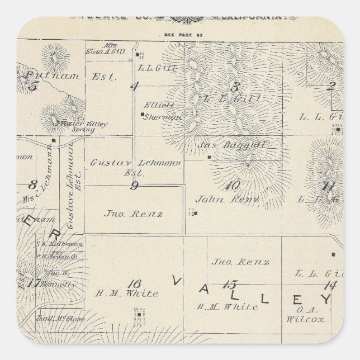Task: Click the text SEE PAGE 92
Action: pyautogui.click(x=178, y=35)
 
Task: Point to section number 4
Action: pyautogui.click(x=134, y=86)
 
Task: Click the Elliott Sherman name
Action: pyautogui.click(x=159, y=111)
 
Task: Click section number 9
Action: pyautogui.click(x=134, y=186)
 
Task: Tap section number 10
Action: pyautogui.click(x=234, y=185)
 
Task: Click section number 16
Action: pyautogui.click(x=134, y=282)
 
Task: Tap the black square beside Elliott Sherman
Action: pyautogui.click(x=143, y=114)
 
